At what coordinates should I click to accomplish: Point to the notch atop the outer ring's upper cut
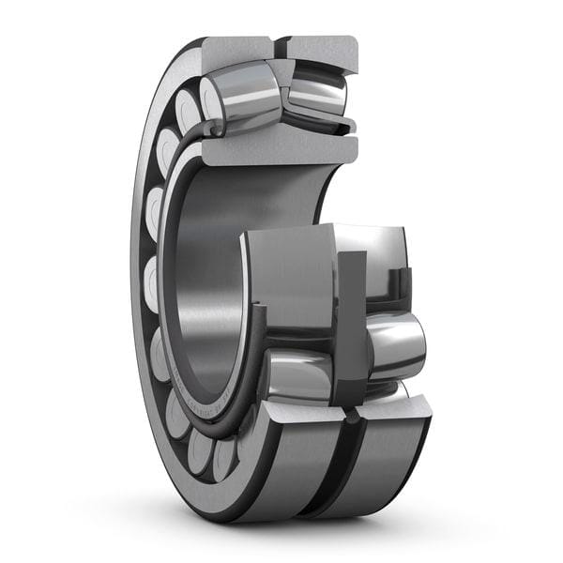click(x=279, y=44)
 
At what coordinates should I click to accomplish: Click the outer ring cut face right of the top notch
click(x=321, y=52)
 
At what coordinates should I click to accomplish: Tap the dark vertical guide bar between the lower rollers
click(x=349, y=324)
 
